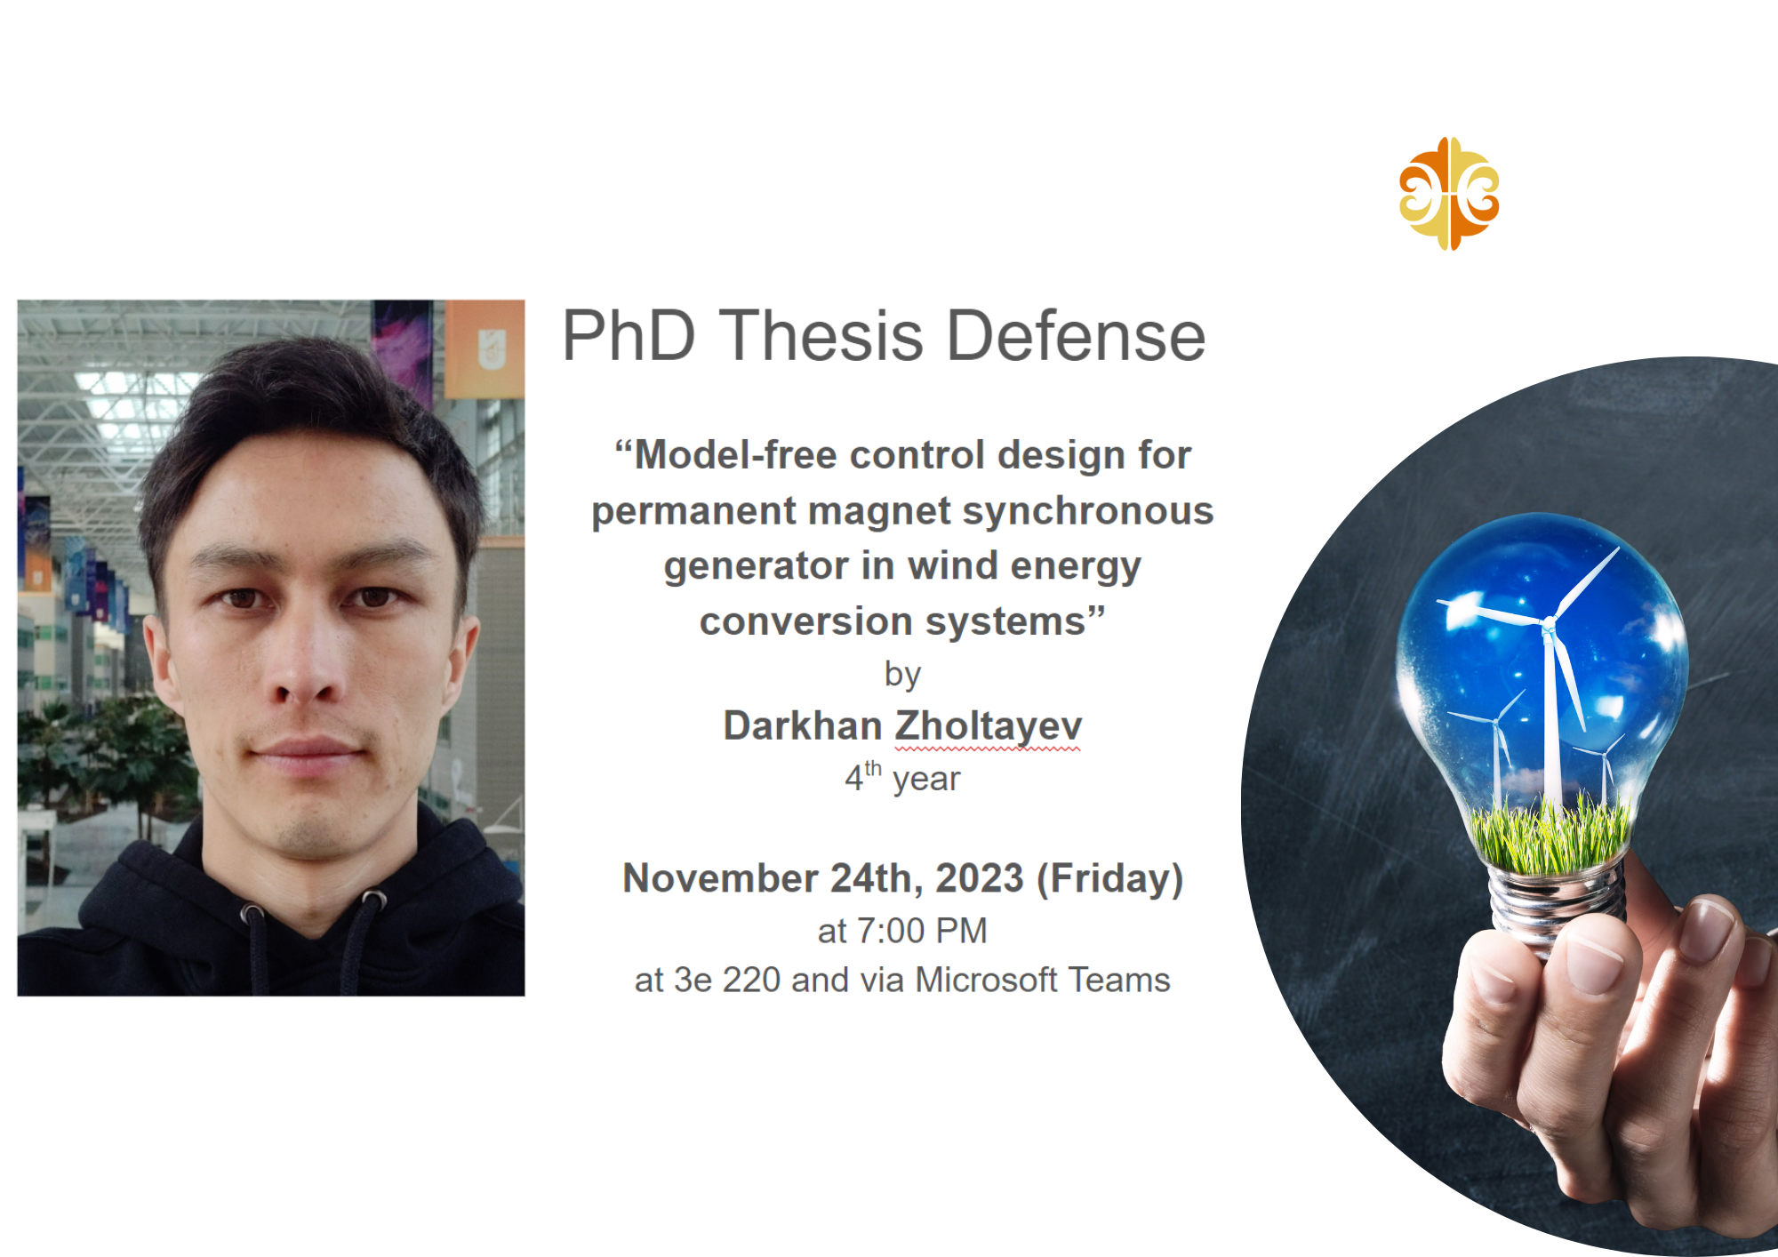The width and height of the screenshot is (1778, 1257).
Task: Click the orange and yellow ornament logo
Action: [x=1449, y=194]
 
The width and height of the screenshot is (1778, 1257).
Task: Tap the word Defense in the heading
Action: [x=1076, y=336]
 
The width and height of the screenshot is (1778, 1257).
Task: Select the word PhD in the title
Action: [x=629, y=336]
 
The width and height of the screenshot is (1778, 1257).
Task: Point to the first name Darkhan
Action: [x=802, y=725]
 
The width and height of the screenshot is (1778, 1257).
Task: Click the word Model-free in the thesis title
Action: [x=735, y=455]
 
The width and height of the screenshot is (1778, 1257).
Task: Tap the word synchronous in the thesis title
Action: [x=1088, y=512]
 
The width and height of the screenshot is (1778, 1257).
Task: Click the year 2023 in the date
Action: [x=980, y=878]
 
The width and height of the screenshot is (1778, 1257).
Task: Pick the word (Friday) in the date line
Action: [x=1110, y=879]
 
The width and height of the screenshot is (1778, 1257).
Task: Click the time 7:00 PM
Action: [x=923, y=931]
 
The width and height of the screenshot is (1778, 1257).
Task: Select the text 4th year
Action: [x=902, y=777]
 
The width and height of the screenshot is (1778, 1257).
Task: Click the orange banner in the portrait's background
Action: [x=485, y=349]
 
